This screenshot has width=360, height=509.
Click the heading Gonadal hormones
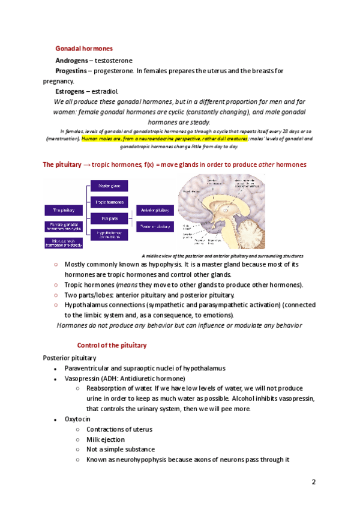point(84,48)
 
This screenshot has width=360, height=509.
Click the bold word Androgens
point(70,61)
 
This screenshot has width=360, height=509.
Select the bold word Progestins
point(71,71)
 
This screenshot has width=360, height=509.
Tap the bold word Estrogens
point(70,91)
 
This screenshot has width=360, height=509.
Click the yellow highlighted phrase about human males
point(148,138)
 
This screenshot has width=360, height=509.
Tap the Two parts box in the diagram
point(107,218)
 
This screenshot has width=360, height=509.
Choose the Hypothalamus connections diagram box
point(107,235)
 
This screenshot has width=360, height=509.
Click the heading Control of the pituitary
point(112,346)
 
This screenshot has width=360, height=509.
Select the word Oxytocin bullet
point(77,419)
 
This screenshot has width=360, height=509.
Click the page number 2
point(313,482)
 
